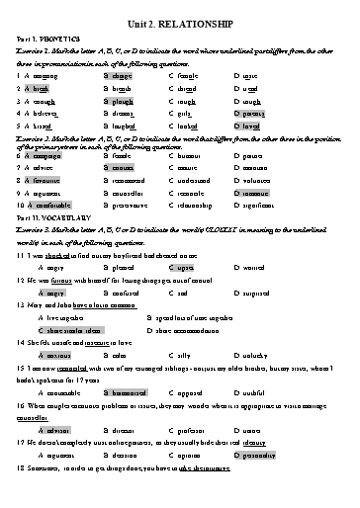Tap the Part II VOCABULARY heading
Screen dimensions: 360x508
coord(53,216)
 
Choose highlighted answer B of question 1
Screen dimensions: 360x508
coord(118,74)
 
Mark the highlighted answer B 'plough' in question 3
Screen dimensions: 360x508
coord(118,101)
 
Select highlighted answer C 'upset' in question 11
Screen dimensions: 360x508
coord(182,267)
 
